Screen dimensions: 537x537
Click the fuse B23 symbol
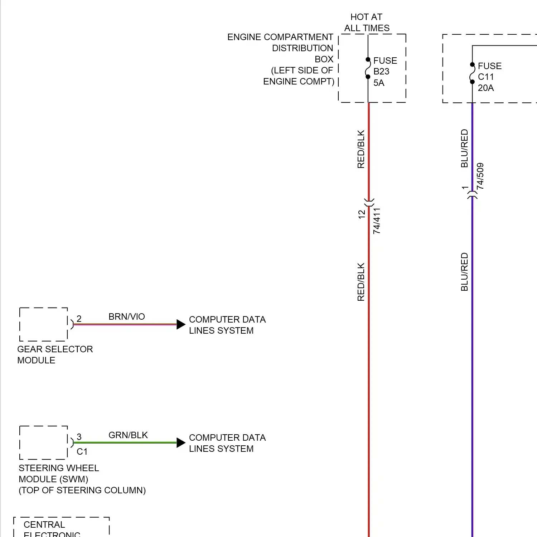368,68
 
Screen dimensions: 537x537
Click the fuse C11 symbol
472,73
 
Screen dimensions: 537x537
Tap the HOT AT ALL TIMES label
367,22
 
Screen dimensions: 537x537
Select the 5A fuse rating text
379,83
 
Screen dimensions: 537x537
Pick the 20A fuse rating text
486,88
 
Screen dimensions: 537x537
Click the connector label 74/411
377,221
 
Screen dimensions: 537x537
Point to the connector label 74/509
480,176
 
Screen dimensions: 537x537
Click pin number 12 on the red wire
362,214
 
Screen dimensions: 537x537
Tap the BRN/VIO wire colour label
127,316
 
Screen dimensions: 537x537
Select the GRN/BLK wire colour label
128,435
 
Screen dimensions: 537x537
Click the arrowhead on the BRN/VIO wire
181,324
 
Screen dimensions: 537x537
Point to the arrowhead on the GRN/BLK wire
181,442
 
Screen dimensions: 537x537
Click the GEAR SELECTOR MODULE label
55,354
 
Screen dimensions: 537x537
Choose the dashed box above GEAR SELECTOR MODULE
43,324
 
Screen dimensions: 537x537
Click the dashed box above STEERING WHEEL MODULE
43,442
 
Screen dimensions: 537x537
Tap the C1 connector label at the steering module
82,451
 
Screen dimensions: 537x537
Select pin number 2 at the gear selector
79,319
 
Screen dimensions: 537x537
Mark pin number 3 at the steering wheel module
79,437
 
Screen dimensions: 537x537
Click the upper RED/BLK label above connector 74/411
361,149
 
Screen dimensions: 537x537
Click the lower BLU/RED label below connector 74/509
464,272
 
